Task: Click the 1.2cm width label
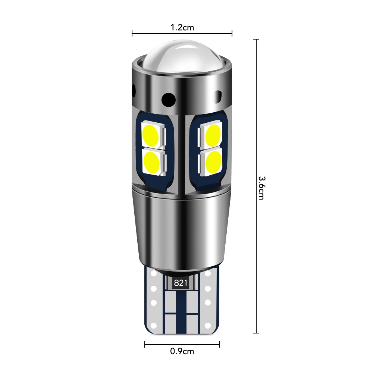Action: (182, 27)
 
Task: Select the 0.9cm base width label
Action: (182, 351)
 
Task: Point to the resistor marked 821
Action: (181, 283)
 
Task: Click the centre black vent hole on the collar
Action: (169, 98)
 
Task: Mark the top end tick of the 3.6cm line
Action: (256, 39)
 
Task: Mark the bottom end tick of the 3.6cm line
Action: (256, 333)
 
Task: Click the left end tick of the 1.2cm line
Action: (132, 34)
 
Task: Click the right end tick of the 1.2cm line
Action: (232, 34)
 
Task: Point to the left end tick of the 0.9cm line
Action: (145, 344)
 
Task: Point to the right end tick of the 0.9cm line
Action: (219, 344)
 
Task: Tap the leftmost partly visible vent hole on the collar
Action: (134, 90)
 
